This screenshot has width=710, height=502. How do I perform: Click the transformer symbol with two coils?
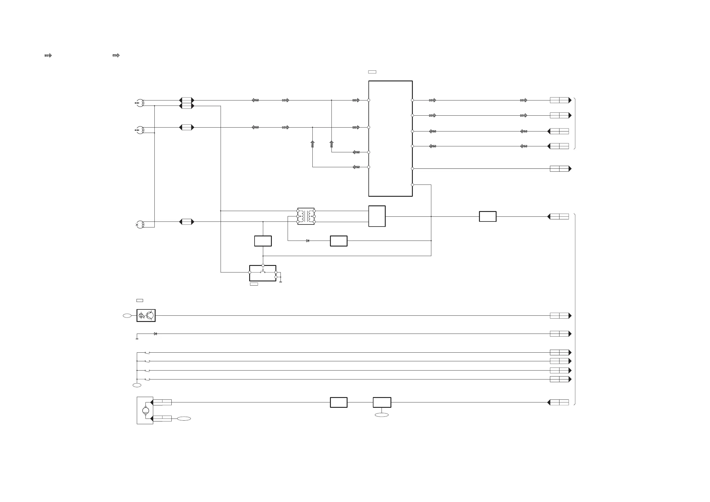[306, 216]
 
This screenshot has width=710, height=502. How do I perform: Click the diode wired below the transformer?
[307, 241]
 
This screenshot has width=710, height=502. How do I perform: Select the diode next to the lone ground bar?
[155, 334]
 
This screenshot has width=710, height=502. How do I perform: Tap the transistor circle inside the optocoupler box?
[150, 315]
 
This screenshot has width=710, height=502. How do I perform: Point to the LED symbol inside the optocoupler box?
[141, 315]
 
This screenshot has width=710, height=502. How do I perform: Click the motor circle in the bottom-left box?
[145, 410]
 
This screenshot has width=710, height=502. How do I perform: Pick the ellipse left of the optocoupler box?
[127, 315]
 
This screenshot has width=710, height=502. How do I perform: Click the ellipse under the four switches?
[137, 385]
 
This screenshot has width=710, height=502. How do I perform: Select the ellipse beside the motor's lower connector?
[184, 419]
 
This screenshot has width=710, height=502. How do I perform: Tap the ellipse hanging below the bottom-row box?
[382, 415]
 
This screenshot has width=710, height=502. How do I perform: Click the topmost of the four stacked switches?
[147, 352]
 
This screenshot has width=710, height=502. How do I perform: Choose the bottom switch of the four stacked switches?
[147, 379]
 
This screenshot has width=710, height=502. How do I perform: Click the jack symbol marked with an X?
[140, 224]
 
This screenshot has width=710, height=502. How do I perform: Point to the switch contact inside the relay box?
[263, 272]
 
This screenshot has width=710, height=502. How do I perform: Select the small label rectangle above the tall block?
[372, 72]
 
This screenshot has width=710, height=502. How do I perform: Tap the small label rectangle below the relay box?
[254, 284]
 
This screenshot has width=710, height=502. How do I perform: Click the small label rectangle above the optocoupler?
[140, 300]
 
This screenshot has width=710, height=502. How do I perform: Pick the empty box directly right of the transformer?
[377, 216]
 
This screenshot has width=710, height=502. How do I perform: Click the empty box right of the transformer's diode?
[339, 241]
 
